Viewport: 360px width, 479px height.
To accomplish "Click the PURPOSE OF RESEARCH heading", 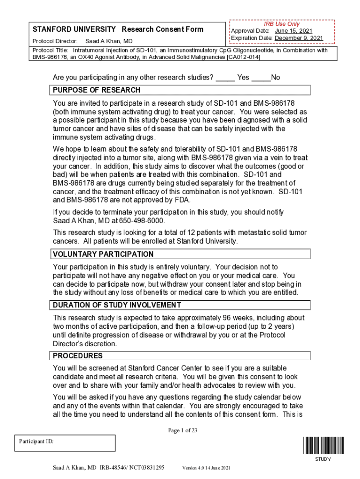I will [x=96, y=90].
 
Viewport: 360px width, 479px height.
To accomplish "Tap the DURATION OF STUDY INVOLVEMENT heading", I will [x=117, y=305].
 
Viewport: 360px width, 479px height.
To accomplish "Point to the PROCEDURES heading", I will [x=78, y=356].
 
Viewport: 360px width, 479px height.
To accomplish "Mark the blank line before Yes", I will [x=225, y=78].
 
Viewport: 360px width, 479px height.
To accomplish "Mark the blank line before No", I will [x=261, y=78].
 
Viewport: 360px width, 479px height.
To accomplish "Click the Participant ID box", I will [x=65, y=443].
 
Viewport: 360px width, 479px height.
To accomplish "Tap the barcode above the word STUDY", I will [x=323, y=445].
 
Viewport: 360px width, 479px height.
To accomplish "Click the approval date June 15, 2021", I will [x=294, y=31].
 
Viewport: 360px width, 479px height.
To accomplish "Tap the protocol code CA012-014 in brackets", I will [x=243, y=57].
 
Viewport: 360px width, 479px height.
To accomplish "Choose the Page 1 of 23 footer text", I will [x=182, y=431].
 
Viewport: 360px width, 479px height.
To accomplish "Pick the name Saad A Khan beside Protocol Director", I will [x=109, y=42].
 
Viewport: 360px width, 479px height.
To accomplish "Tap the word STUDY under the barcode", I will [x=323, y=459].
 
